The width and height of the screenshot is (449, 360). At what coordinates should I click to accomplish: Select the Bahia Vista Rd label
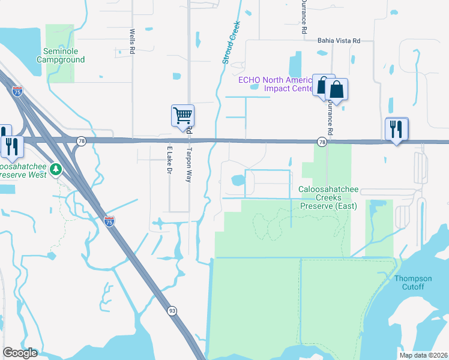click(x=339, y=41)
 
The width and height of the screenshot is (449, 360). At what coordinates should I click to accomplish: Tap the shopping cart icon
click(x=182, y=115)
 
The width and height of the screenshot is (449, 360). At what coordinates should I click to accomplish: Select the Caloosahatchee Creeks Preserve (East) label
click(x=328, y=197)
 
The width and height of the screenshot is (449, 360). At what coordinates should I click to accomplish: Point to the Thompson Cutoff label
click(x=413, y=282)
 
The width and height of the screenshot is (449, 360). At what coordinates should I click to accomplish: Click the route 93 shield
click(x=172, y=310)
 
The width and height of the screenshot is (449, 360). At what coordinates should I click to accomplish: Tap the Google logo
click(x=20, y=353)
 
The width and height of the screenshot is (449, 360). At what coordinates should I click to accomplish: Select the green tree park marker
click(x=56, y=169)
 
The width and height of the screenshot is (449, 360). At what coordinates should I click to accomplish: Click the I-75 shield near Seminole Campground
click(x=18, y=91)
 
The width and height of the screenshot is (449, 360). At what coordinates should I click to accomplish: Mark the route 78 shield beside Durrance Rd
click(x=322, y=142)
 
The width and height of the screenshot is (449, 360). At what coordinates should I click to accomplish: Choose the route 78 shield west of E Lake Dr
click(x=81, y=140)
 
